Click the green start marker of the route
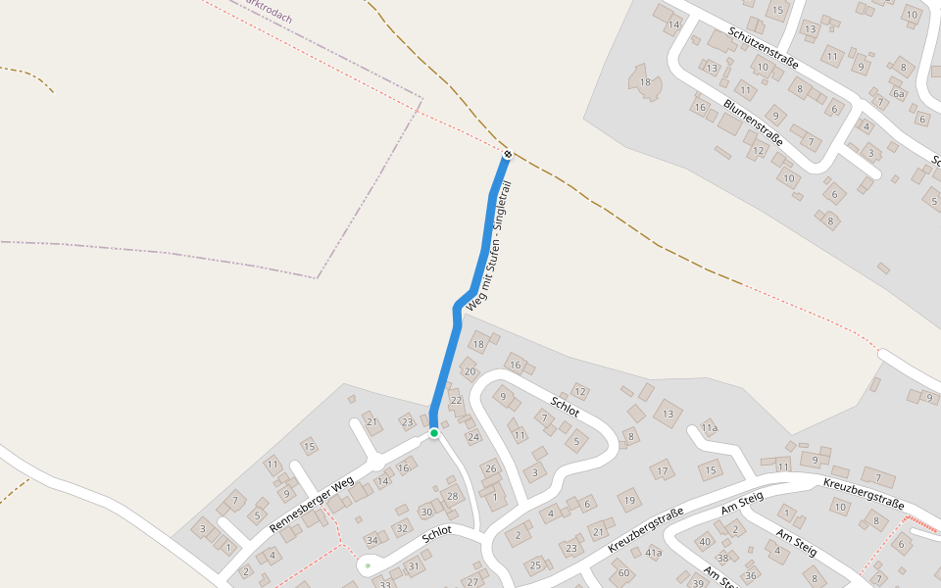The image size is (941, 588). pyautogui.click(x=433, y=432)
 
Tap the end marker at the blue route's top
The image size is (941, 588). pyautogui.click(x=508, y=154)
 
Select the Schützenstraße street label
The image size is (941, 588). pyautogui.click(x=764, y=47)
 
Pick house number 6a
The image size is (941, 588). pyautogui.click(x=898, y=93)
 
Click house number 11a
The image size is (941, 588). pyautogui.click(x=709, y=428)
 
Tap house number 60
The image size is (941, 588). pyautogui.click(x=623, y=572)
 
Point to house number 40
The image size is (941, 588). pyautogui.click(x=705, y=541)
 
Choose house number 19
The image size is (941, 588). pyautogui.click(x=628, y=501)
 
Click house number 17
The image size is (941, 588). pyautogui.click(x=663, y=471)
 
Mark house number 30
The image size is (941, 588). pyautogui.click(x=426, y=512)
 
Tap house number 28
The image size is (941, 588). pyautogui.click(x=452, y=496)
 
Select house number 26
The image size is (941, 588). pyautogui.click(x=491, y=469)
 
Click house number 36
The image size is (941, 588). pyautogui.click(x=751, y=575)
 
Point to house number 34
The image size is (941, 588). pyautogui.click(x=371, y=540)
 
